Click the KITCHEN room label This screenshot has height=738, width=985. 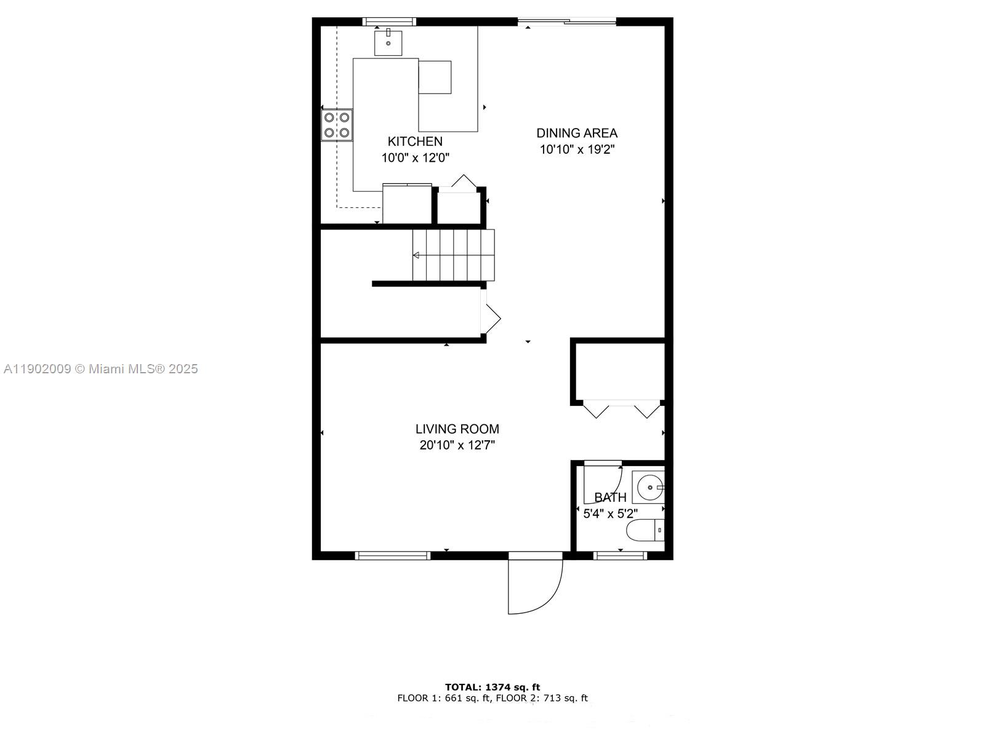pos(415,141)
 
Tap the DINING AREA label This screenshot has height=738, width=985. pos(577,133)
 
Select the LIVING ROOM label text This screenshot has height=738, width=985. pos(457,429)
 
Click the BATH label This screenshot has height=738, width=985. pos(610,498)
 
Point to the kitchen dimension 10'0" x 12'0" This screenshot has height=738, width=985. pos(415,158)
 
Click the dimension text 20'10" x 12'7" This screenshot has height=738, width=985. pos(457,445)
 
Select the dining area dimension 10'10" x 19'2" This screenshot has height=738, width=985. pos(577,149)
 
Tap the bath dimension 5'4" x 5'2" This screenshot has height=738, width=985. pos(610,514)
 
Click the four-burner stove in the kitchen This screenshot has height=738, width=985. pos(337,125)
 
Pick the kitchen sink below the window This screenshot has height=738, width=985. pos(388,42)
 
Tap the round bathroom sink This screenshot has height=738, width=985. pos(648,488)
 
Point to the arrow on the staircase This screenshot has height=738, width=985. pos(417,255)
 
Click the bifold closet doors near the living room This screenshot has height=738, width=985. pos(621,409)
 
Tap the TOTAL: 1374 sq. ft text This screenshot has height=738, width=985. pos(492,687)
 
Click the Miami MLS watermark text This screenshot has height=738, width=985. pos(100,369)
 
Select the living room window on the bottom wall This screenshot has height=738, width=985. pos(392,555)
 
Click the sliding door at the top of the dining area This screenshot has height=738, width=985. pos(566,22)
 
